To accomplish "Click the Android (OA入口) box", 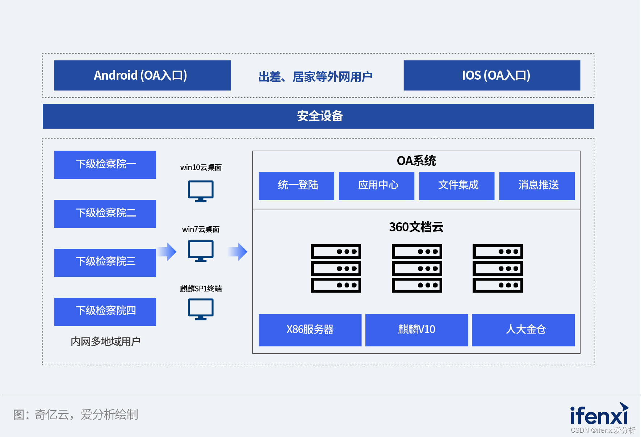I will [x=142, y=75].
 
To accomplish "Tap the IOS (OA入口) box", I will [x=492, y=75].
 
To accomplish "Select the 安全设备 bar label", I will [x=320, y=116].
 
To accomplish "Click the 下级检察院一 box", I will [x=105, y=165].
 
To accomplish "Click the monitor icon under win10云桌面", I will [x=201, y=191].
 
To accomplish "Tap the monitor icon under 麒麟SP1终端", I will [x=201, y=309].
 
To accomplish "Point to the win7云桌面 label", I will [x=201, y=230].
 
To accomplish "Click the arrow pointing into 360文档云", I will [x=238, y=252].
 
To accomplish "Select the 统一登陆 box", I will [x=297, y=186].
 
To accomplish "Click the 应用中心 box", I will [x=377, y=186].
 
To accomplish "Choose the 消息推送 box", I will [x=537, y=186].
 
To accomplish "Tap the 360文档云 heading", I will [x=416, y=227].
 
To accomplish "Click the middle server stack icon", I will [x=417, y=268].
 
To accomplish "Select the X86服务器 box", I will [x=310, y=330].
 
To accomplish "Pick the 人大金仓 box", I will [x=523, y=330].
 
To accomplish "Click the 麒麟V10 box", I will [x=416, y=330].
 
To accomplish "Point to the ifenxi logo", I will [x=599, y=415].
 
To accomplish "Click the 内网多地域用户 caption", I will [x=105, y=341].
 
